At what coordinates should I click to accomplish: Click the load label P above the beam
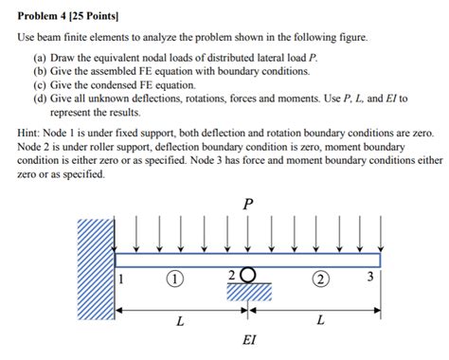click(x=247, y=201)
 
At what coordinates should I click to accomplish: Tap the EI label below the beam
click(x=248, y=339)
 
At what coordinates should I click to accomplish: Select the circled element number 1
click(x=176, y=279)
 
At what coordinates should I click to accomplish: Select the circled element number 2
click(x=321, y=279)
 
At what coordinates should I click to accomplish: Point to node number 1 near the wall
click(x=121, y=279)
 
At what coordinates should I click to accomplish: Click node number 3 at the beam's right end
click(x=371, y=278)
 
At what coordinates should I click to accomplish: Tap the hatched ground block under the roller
click(x=249, y=291)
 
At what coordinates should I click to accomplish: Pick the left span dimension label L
click(x=180, y=321)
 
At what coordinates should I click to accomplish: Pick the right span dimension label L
click(x=319, y=321)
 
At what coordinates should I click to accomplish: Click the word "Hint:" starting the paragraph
click(x=31, y=135)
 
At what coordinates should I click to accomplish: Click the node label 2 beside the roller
click(x=232, y=275)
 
